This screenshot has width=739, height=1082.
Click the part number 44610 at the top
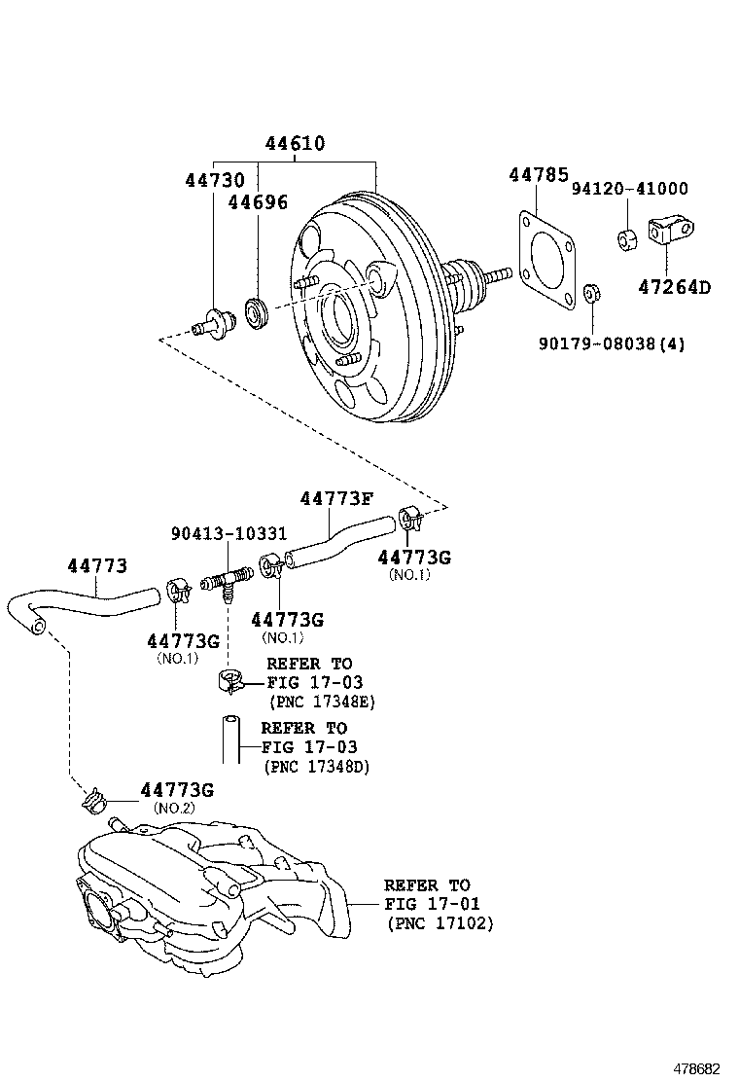295,144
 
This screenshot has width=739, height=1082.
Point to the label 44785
538,175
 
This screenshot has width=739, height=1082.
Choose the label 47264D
675,287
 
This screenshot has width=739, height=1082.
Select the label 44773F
336,498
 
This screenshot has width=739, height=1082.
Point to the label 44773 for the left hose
97,565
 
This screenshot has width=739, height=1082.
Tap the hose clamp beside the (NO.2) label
95,802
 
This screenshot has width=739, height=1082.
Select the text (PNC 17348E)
322,701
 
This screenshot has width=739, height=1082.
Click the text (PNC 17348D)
316,766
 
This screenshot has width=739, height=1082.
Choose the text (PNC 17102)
440,923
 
